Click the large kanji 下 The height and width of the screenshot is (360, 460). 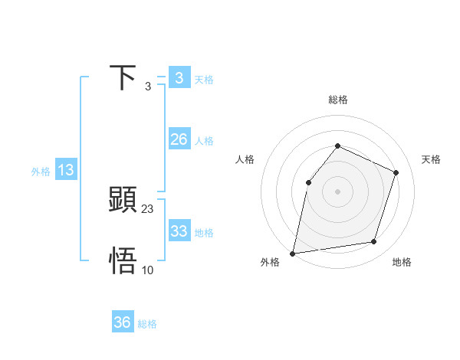[123, 78]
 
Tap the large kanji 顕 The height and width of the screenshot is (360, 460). [123, 201]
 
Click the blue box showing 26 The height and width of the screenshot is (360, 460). [179, 139]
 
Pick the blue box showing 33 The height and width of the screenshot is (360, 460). [179, 231]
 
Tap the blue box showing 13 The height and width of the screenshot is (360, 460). [66, 170]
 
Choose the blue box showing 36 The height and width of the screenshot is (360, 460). [123, 322]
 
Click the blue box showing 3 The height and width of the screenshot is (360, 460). [179, 77]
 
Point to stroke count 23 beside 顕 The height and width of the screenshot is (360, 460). [148, 208]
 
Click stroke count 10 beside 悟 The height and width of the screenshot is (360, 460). [148, 270]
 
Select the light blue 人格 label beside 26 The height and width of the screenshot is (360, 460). [204, 141]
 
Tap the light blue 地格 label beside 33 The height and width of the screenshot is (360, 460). [204, 233]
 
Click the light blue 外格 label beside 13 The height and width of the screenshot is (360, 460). [41, 172]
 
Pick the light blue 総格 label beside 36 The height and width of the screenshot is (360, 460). [147, 325]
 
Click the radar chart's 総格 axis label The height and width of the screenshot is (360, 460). [337, 100]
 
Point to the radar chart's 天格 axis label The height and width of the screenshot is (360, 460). [432, 159]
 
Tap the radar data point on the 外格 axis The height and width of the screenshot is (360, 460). [293, 253]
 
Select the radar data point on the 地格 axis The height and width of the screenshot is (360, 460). [374, 242]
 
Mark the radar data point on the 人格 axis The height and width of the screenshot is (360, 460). [308, 182]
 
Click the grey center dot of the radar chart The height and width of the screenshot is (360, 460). [337, 191]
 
